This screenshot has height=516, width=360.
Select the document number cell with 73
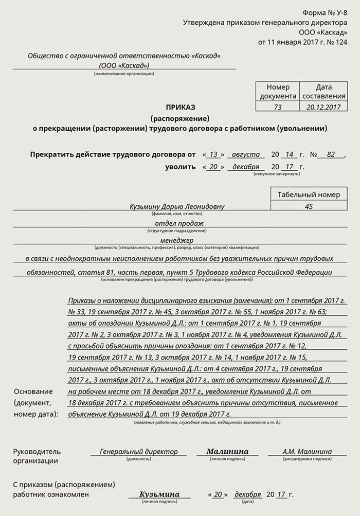[x=278, y=107]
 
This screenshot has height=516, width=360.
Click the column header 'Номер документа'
[x=278, y=92]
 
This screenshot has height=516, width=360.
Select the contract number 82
[x=331, y=154]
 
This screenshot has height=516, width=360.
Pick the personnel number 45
[x=309, y=206]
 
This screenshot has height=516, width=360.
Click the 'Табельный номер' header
[x=309, y=194]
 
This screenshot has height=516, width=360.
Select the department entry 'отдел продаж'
[x=179, y=223]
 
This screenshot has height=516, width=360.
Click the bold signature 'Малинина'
[x=227, y=451]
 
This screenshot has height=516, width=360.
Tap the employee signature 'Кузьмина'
[x=159, y=494]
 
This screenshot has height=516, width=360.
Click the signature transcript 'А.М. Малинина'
[x=307, y=451]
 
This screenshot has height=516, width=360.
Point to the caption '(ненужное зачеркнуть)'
[x=276, y=174]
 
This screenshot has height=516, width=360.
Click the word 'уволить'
[x=180, y=167]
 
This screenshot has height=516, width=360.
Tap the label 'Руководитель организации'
[x=37, y=456]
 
